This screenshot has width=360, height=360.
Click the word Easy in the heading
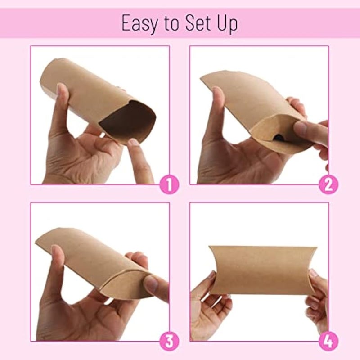[139, 23]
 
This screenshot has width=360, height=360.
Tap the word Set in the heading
[200, 23]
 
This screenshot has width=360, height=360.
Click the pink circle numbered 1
[170, 184]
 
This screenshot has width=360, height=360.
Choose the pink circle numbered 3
[170, 341]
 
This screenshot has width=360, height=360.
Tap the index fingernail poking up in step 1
[134, 143]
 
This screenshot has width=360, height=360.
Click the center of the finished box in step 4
[263, 270]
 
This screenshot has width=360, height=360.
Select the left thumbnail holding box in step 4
[211, 275]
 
